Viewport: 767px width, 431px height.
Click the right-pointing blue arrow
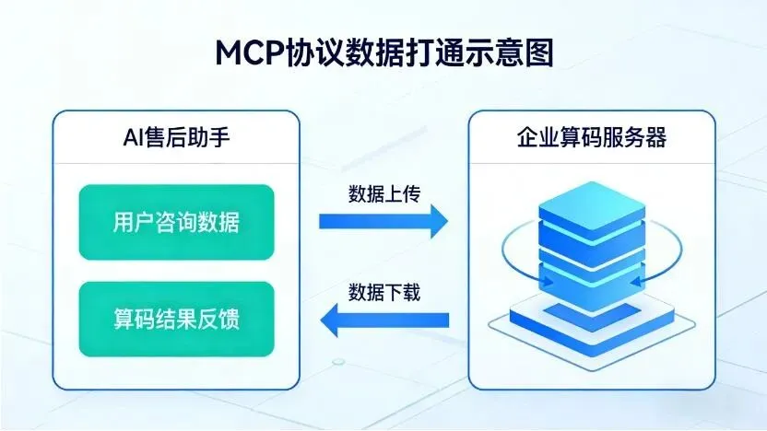(x=383, y=221)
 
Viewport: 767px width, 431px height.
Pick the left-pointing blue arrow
(x=383, y=320)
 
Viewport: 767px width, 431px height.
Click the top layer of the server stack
(x=591, y=203)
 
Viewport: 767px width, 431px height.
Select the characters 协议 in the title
(x=316, y=53)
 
